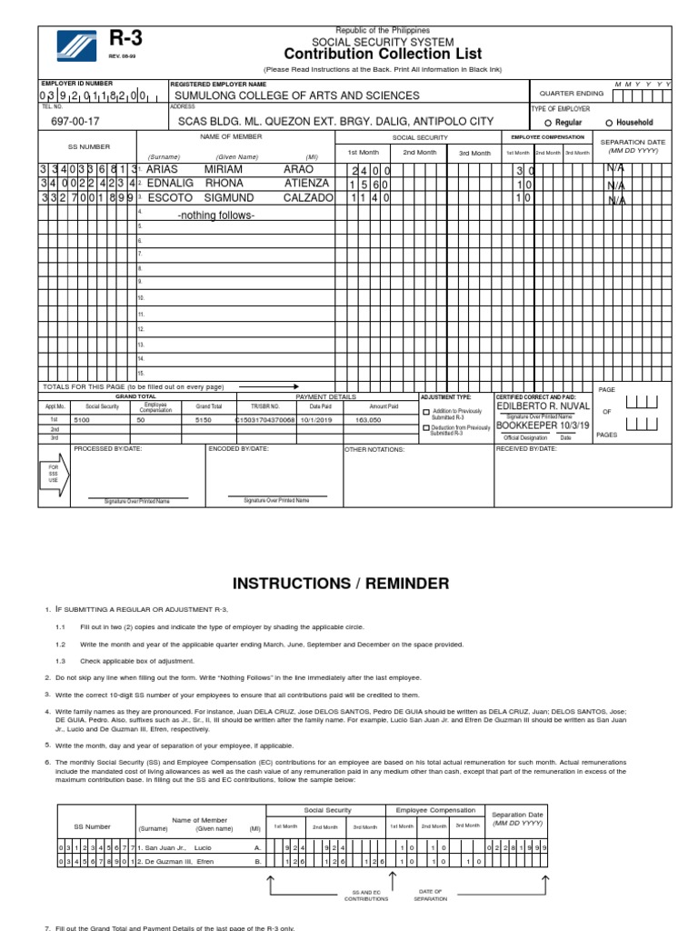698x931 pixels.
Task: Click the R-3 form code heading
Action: tap(125, 38)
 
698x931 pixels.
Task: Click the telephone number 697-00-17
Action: tap(75, 121)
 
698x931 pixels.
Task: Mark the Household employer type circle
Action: tap(610, 123)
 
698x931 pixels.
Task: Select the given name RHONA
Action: tap(224, 184)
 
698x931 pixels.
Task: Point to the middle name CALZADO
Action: tap(308, 197)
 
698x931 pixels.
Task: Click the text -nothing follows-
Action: tap(216, 215)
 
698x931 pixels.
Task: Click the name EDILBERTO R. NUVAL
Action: tap(543, 406)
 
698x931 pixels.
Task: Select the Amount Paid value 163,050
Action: tap(368, 421)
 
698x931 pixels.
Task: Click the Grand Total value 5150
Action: tap(204, 421)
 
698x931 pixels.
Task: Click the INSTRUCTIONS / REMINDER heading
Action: tap(341, 583)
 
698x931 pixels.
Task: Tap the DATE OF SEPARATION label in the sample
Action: tap(430, 895)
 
